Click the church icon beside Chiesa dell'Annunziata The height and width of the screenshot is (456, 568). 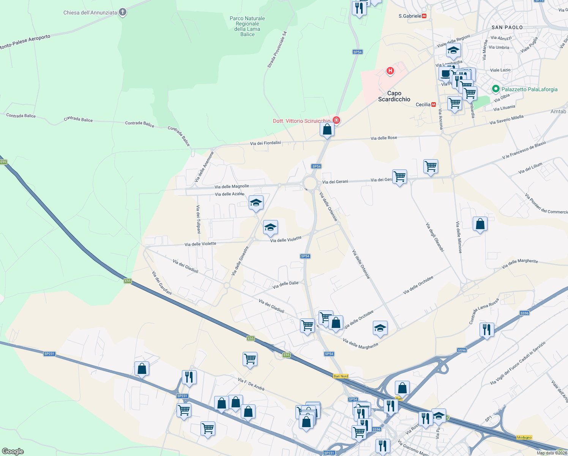122,12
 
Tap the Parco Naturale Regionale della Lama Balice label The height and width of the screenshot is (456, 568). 247,26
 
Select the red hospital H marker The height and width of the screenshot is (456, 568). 390,71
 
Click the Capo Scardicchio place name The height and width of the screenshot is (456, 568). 394,96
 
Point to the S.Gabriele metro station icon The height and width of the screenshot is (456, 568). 424,16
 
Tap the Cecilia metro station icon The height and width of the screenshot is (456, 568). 433,104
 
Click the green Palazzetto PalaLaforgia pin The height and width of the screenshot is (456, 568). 495,89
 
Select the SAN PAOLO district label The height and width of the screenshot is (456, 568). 507,27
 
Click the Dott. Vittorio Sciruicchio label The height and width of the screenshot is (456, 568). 301,121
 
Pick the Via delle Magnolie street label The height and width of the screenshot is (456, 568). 232,187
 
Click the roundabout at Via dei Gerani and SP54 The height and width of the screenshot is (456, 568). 310,184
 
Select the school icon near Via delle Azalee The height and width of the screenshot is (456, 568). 256,203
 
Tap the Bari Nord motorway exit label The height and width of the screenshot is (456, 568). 341,376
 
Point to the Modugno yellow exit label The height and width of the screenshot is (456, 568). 524,437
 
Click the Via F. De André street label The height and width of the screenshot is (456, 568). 251,384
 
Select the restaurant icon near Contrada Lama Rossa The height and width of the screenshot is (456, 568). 486,329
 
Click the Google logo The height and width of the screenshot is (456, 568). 13,451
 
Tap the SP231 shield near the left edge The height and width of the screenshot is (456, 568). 49,354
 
